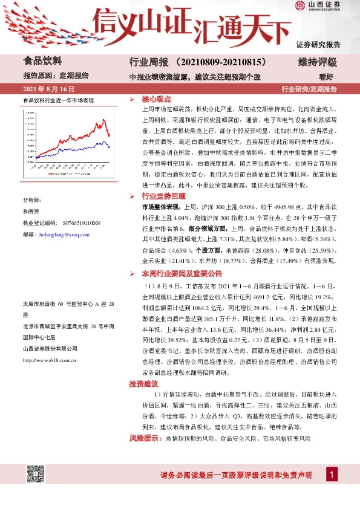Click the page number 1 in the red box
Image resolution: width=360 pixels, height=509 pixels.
(x=332, y=476)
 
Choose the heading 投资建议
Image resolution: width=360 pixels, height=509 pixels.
(x=143, y=384)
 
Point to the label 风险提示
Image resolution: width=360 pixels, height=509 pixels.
(x=145, y=438)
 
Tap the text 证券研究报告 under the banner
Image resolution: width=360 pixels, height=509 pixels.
(x=318, y=44)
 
